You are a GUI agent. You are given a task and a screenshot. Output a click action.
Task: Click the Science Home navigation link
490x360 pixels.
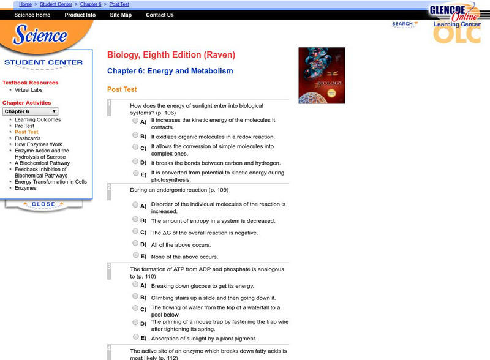(32, 15)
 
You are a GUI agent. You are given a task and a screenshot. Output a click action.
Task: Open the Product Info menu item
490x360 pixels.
(80, 15)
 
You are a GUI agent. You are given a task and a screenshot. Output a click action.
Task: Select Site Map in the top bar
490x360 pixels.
(121, 15)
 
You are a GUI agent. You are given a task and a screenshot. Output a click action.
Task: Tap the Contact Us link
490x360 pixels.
(160, 15)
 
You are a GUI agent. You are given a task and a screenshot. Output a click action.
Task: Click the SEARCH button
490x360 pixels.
(404, 24)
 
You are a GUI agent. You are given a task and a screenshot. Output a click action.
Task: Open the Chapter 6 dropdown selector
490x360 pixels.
(31, 111)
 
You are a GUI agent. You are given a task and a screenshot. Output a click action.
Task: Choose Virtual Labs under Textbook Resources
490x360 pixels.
(29, 90)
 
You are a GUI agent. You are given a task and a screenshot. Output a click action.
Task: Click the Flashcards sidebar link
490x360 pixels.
(28, 138)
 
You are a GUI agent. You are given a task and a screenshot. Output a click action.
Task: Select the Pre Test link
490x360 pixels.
(24, 126)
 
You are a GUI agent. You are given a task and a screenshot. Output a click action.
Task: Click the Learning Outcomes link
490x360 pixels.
(34, 119)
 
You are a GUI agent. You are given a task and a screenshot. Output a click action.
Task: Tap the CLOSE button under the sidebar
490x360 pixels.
(43, 204)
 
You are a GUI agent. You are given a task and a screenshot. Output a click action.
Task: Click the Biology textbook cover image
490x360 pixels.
(322, 75)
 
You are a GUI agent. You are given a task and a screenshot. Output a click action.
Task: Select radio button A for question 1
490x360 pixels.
(135, 121)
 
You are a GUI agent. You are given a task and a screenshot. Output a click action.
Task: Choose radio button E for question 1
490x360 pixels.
(135, 173)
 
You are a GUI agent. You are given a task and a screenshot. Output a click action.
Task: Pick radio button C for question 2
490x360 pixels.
(135, 231)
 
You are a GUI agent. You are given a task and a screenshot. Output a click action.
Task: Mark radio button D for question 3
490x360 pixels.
(135, 323)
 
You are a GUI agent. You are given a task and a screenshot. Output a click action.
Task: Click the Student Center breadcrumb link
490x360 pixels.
(56, 4)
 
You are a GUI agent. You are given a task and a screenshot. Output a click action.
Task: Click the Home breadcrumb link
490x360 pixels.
(26, 4)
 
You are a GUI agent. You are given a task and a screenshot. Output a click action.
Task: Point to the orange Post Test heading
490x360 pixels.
(122, 89)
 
